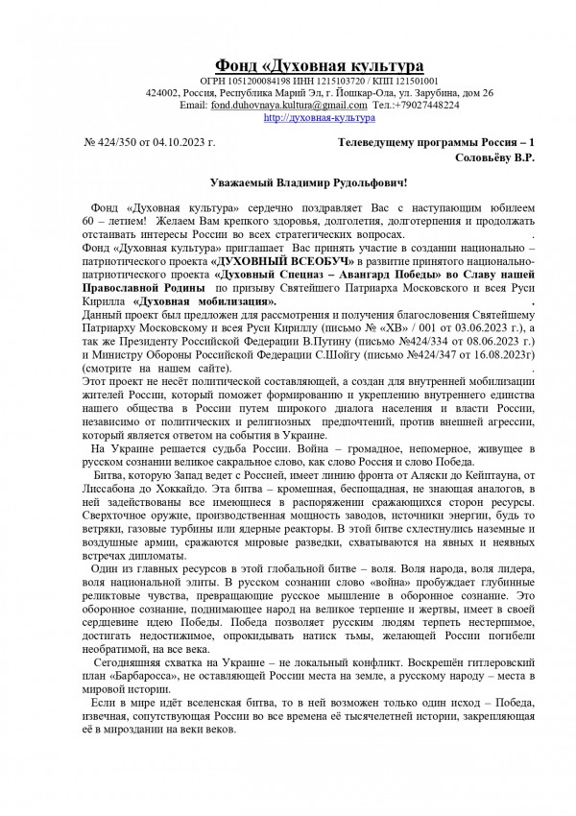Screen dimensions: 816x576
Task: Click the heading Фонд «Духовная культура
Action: coord(319,64)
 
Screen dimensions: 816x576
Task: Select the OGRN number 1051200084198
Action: coord(254,81)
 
